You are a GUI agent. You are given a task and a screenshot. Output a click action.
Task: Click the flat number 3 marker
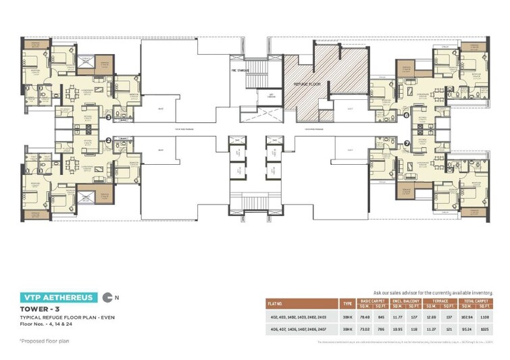pyautogui.click(x=108, y=117)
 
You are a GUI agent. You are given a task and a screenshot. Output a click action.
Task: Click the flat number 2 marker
pyautogui.click(x=108, y=140)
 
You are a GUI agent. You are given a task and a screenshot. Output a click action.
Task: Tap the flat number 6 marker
pyautogui.click(x=407, y=115)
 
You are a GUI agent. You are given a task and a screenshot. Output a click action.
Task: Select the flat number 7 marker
pyautogui.click(x=407, y=143)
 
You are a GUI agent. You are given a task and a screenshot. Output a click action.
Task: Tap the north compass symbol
pyautogui.click(x=108, y=297)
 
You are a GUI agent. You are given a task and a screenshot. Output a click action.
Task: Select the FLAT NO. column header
pyautogui.click(x=278, y=303)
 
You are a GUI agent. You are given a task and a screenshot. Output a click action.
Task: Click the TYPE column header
pyautogui.click(x=347, y=303)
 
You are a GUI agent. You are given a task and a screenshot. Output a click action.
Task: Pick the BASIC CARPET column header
pyautogui.click(x=374, y=300)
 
